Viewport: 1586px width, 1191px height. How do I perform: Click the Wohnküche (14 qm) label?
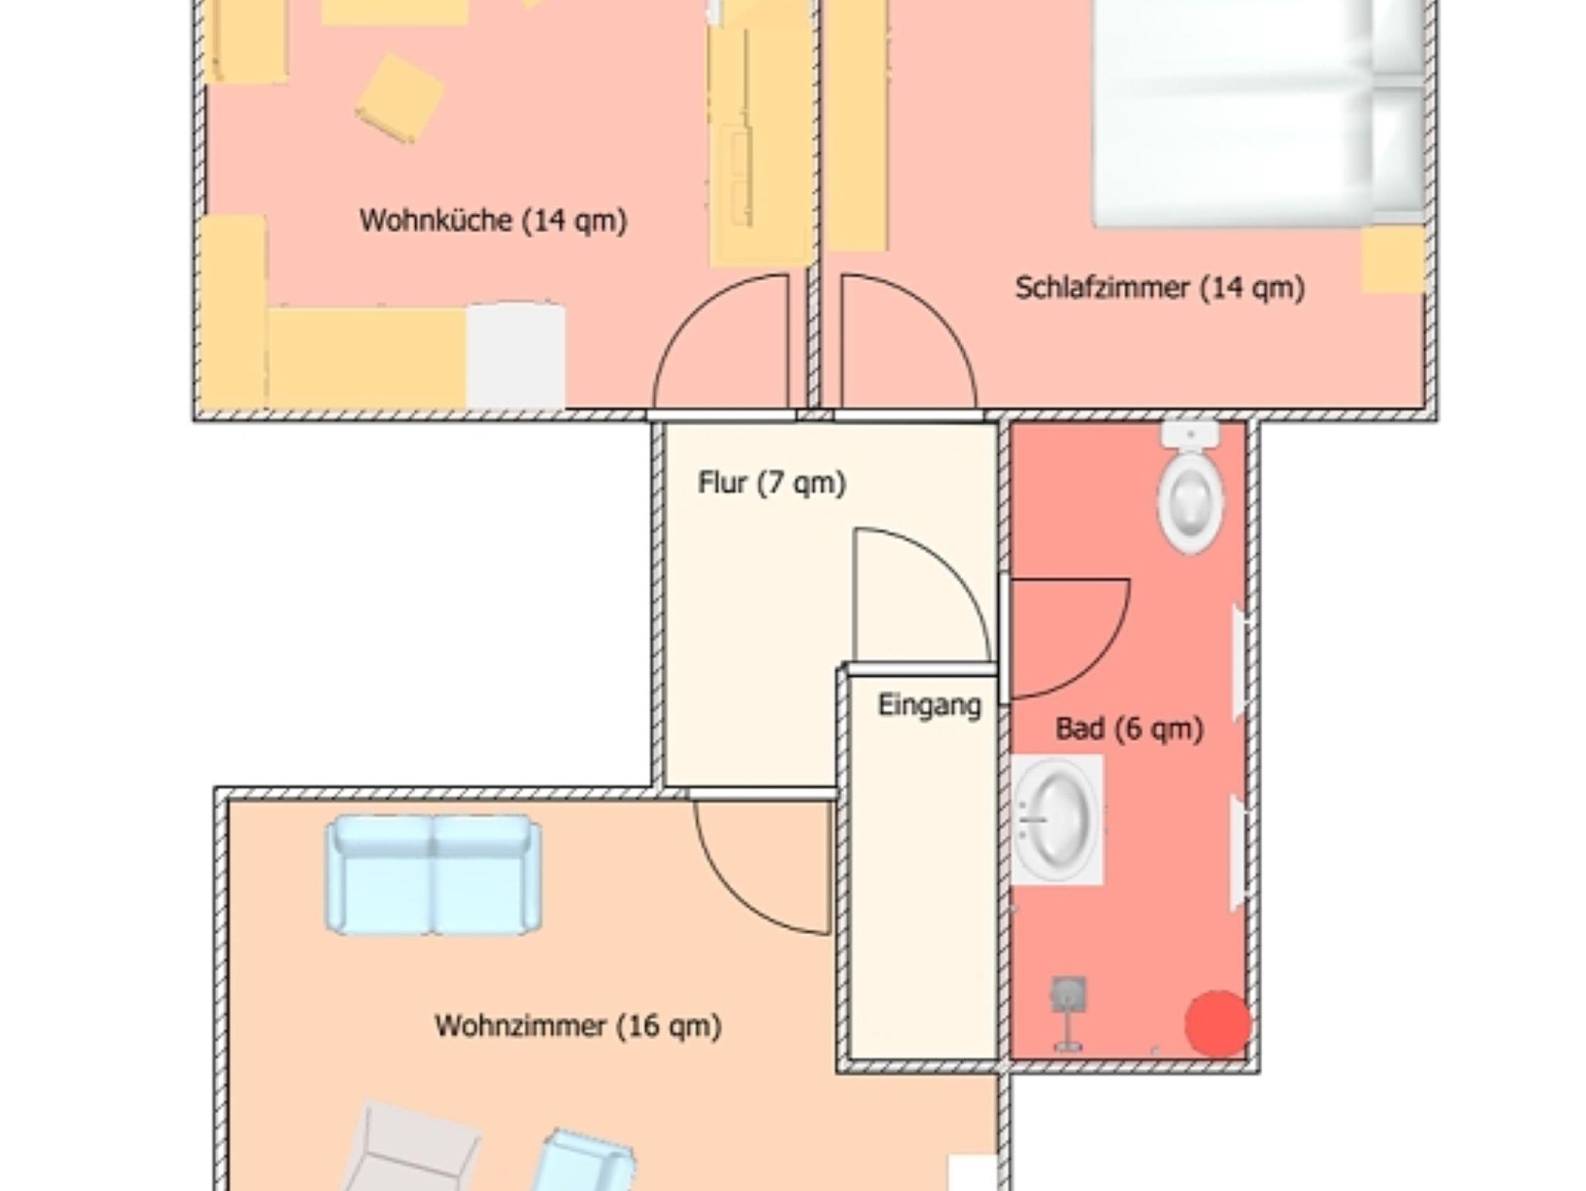[493, 221]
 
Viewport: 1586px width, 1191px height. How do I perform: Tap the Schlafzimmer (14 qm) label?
[1159, 288]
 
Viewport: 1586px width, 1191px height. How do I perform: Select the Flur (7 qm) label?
[771, 483]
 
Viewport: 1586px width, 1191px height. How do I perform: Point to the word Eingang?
[929, 705]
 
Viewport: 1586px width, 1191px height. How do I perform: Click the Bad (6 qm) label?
[1129, 729]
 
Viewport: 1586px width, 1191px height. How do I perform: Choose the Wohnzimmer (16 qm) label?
[578, 1026]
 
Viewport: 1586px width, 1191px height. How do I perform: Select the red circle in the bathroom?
[1218, 1024]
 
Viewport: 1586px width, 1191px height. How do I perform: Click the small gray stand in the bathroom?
[1069, 1013]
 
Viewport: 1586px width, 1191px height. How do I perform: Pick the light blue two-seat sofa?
[434, 874]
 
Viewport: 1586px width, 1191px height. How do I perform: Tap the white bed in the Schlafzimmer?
[1258, 113]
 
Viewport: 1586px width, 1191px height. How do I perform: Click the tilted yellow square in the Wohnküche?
[400, 98]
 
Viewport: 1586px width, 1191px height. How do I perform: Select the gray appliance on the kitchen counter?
[516, 355]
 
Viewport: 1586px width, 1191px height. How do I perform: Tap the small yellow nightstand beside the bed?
[1393, 259]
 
